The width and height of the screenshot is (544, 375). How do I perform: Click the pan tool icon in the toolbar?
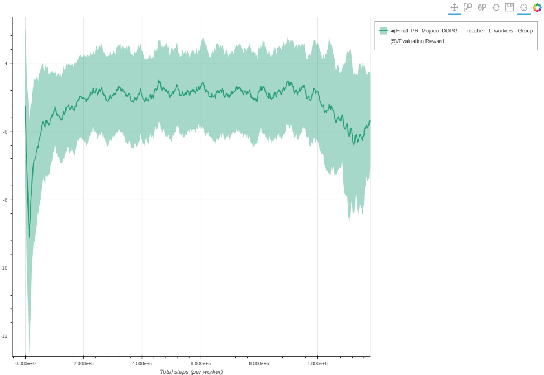pos(455,7)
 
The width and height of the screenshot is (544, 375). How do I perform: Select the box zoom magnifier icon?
pos(469,7)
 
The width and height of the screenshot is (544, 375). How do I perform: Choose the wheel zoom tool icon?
pos(482,7)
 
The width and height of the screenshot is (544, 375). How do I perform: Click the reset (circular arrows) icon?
pos(496,7)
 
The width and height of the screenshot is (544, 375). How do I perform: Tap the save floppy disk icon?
pos(509,7)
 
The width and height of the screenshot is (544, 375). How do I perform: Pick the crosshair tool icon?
pos(523,7)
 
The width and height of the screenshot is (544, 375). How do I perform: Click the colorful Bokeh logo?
pos(537,7)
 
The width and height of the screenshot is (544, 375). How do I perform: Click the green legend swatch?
pos(384,31)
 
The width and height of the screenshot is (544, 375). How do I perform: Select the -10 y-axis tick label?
pos(4,268)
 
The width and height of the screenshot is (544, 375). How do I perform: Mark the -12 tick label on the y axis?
pos(4,336)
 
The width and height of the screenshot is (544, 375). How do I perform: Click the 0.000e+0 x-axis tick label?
pos(25,363)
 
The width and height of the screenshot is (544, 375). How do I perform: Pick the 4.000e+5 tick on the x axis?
pos(142,363)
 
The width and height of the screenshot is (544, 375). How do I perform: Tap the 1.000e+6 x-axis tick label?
pos(317,363)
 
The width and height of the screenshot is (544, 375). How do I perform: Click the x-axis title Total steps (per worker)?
pos(191,372)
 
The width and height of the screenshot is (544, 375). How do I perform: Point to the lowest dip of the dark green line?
pos(29,237)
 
